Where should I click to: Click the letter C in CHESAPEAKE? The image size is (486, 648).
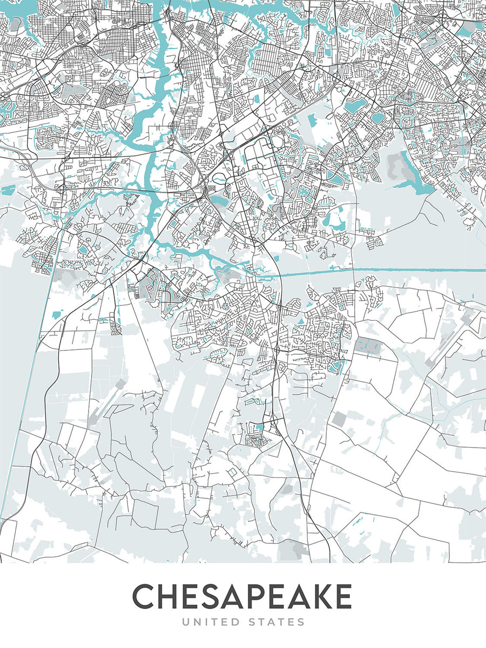146,597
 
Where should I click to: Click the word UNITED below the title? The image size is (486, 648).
211,622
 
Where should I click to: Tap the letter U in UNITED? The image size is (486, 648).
186,622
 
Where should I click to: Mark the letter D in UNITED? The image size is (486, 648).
234,622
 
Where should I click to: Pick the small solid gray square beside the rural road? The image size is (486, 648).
339,418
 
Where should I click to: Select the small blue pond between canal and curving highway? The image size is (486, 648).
57,313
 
